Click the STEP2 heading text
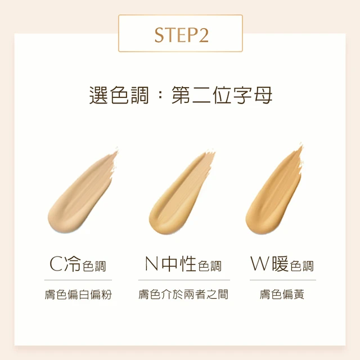pyautogui.click(x=181, y=35)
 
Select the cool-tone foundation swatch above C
pyautogui.click(x=83, y=191)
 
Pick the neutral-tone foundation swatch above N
pyautogui.click(x=181, y=192)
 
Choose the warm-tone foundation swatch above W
pyautogui.click(x=274, y=190)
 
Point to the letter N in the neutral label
pyautogui.click(x=151, y=264)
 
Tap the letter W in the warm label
pyautogui.click(x=259, y=264)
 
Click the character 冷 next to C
pyautogui.click(x=73, y=264)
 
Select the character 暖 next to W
pyautogui.click(x=280, y=264)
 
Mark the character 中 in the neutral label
pyautogui.click(x=169, y=264)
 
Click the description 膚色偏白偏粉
pyautogui.click(x=78, y=295)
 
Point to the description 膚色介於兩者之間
pyautogui.click(x=183, y=295)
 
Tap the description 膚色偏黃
pyautogui.click(x=282, y=295)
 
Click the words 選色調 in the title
pyautogui.click(x=119, y=95)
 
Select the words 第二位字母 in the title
pyautogui.click(x=222, y=95)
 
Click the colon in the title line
pyautogui.click(x=160, y=95)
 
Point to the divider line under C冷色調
pyautogui.click(x=78, y=280)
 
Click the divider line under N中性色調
pyautogui.click(x=184, y=280)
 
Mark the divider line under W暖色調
pyautogui.click(x=283, y=280)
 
